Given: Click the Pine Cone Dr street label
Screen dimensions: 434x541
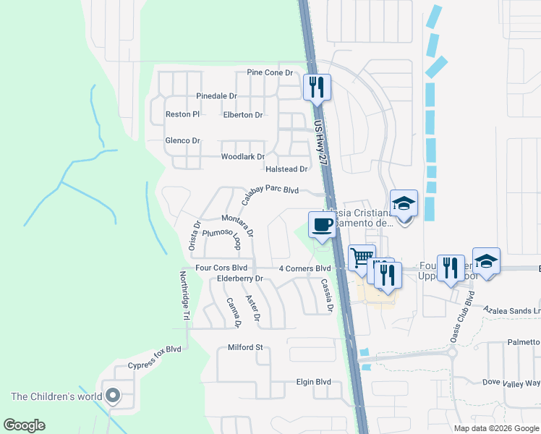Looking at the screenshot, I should (x=269, y=73).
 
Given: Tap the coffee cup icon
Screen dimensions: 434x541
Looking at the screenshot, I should (x=322, y=224).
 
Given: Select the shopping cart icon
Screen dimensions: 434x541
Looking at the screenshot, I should (x=361, y=258).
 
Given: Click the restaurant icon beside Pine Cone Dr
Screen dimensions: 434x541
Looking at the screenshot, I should (x=317, y=88).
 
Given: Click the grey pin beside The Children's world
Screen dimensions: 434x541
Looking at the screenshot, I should (x=112, y=396).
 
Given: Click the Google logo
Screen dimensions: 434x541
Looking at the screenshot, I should (x=25, y=425).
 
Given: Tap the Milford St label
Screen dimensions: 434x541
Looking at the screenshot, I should (x=247, y=347).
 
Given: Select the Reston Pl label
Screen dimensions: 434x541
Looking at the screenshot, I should (x=182, y=114).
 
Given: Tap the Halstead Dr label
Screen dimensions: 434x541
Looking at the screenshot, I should (x=287, y=169).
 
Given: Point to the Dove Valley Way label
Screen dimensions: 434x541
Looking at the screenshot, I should (x=511, y=382).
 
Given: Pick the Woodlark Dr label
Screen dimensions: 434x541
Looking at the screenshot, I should (x=242, y=156).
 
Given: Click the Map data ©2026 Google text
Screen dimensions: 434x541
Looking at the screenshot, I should (x=495, y=428).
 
